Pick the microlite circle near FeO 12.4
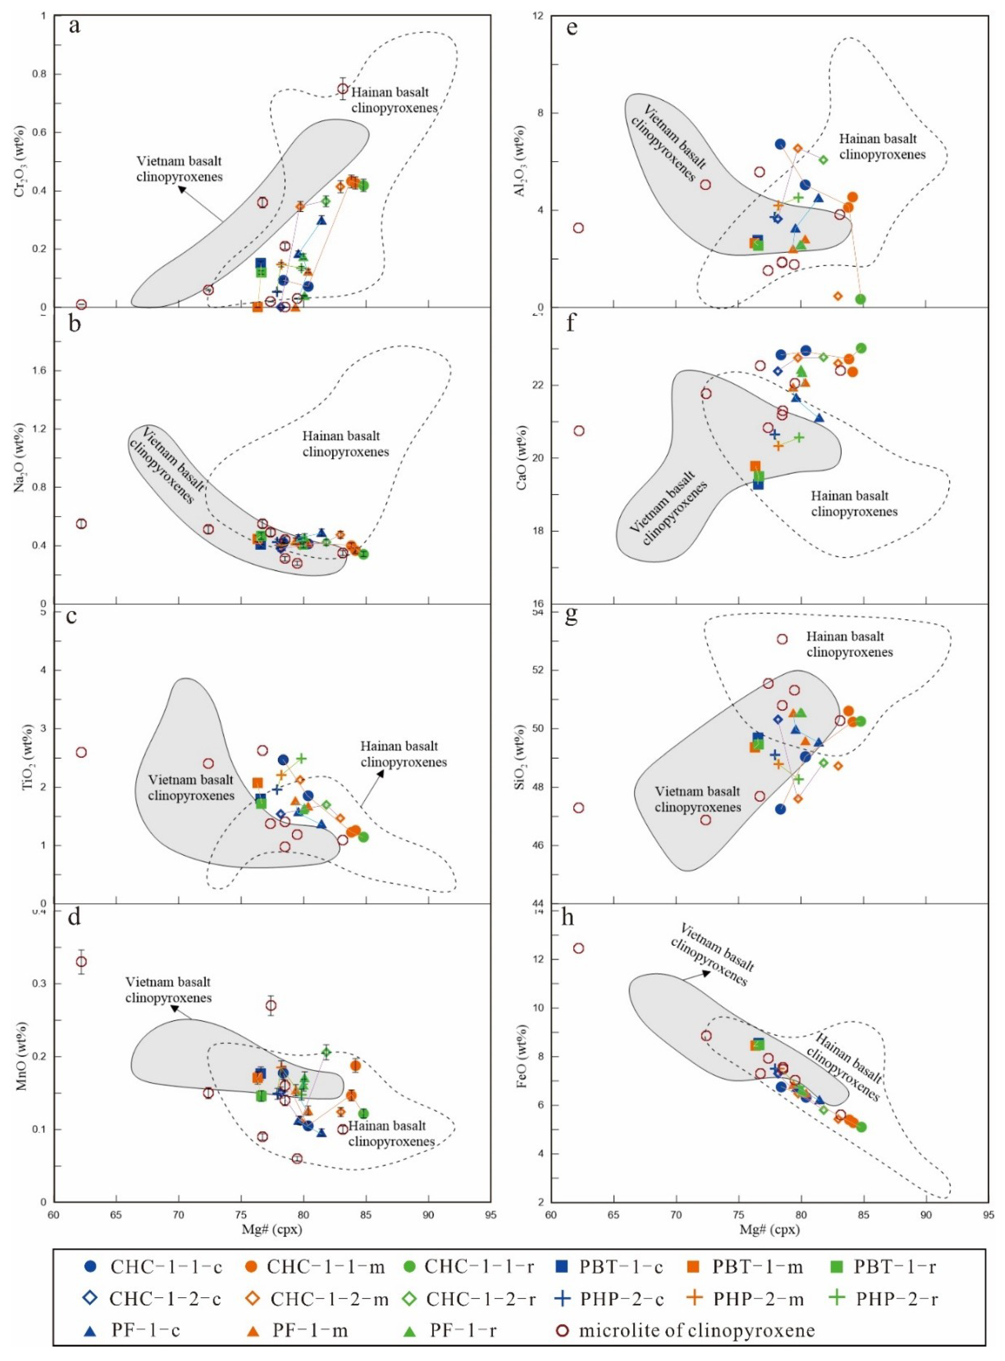(x=578, y=949)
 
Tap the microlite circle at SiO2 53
(x=782, y=639)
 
